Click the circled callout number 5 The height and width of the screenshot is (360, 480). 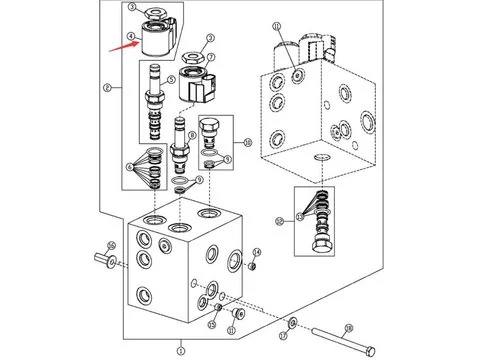point(172,80)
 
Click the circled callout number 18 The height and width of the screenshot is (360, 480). point(348,327)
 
